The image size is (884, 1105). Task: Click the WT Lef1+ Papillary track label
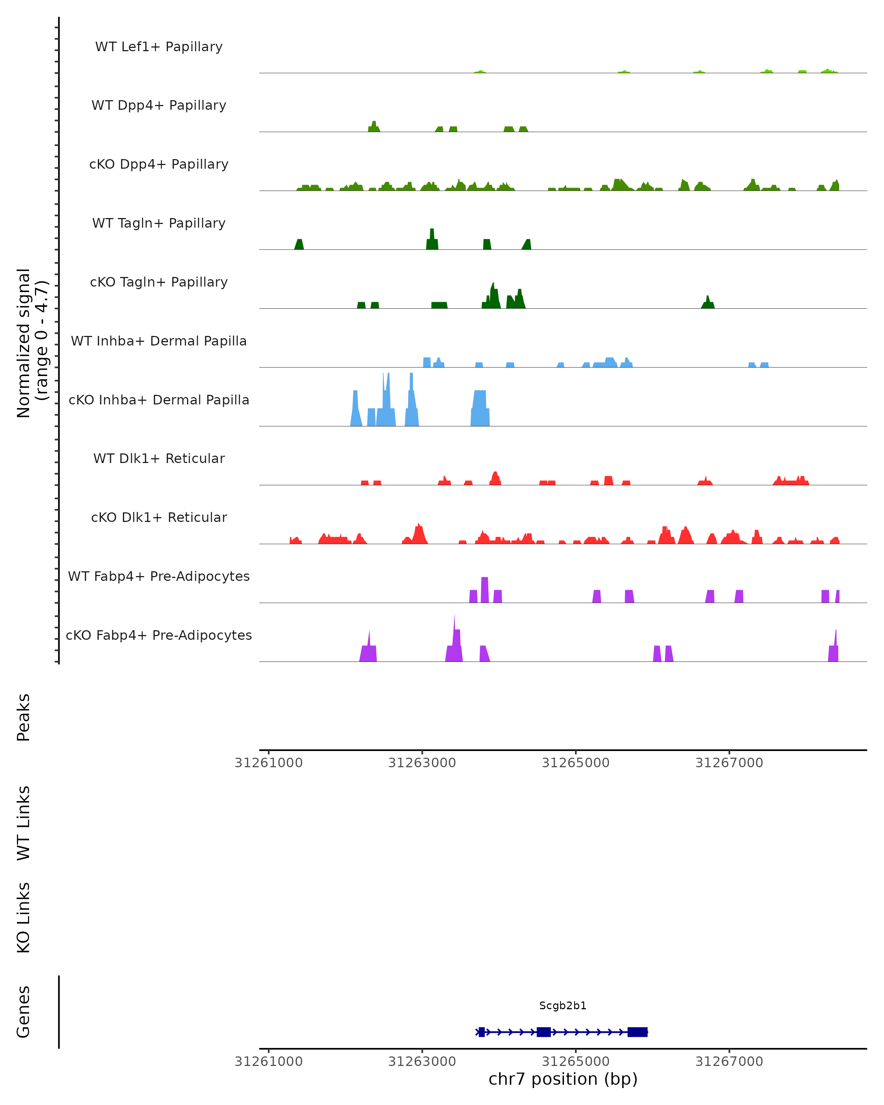[159, 47]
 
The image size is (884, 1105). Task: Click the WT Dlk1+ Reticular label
[159, 458]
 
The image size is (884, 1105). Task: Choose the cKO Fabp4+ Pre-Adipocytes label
[159, 635]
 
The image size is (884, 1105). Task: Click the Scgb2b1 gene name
[563, 1006]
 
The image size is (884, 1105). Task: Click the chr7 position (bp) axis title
[563, 1079]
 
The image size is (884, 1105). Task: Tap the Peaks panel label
[24, 717]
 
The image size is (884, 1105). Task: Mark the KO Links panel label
[24, 918]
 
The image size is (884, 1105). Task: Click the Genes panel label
[24, 1012]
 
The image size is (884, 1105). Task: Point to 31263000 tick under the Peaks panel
[422, 763]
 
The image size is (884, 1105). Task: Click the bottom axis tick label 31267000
[729, 1062]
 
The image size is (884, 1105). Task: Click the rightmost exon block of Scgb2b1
[638, 1032]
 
